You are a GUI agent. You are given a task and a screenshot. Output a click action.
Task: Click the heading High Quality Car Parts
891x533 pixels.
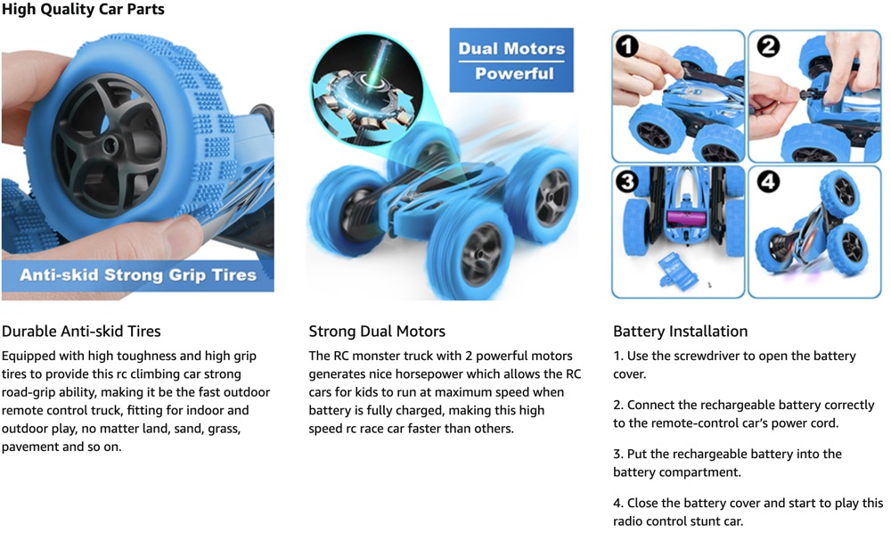tap(83, 9)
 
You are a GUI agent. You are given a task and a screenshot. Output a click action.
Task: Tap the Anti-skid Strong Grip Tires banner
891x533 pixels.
tap(138, 275)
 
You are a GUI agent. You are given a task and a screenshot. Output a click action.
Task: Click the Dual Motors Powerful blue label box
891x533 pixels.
tap(511, 61)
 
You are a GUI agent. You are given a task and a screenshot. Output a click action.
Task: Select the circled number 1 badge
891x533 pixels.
tap(627, 46)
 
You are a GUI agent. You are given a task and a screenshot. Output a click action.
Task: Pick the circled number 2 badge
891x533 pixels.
tap(768, 46)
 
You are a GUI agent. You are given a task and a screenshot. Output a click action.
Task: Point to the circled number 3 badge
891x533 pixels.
tap(627, 182)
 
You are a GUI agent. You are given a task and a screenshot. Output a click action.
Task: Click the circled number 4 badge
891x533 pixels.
tap(768, 182)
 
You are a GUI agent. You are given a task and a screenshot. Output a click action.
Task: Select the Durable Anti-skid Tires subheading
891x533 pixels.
tap(81, 332)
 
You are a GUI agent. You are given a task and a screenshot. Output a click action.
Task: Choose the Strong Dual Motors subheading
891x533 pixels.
tap(377, 332)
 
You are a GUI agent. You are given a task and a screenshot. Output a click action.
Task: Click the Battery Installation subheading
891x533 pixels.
tap(680, 332)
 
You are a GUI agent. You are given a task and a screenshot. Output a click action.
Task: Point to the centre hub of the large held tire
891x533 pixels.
tap(109, 145)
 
